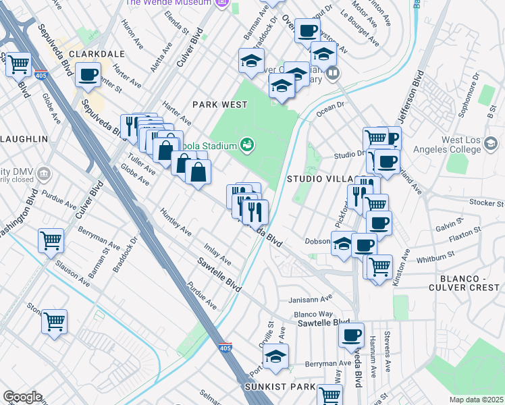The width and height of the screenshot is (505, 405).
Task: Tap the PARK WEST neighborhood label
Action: (x=220, y=105)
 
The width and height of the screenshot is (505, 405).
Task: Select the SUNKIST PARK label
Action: (x=280, y=387)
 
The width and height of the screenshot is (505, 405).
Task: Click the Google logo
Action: (x=22, y=397)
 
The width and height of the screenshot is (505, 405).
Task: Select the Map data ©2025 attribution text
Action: (x=477, y=400)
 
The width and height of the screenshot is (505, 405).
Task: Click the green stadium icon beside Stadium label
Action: (x=247, y=144)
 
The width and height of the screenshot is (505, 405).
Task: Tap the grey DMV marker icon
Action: (x=45, y=173)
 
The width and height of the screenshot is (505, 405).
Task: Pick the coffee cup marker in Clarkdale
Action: (x=88, y=75)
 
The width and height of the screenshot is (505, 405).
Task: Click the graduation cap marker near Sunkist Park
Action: (x=275, y=356)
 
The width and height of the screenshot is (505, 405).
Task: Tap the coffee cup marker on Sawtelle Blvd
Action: (x=350, y=335)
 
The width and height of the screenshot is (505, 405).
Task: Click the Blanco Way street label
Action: (x=313, y=314)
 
